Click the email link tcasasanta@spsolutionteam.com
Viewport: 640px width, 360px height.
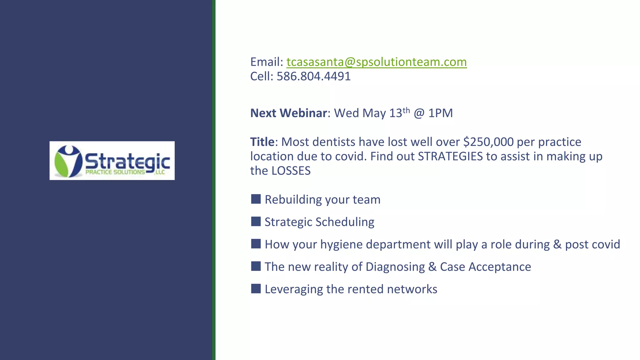(376, 62)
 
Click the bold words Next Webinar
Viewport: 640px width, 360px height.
(288, 113)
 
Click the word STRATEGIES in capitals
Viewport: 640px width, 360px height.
(450, 157)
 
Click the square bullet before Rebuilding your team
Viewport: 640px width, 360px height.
(256, 199)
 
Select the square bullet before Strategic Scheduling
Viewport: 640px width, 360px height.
(256, 222)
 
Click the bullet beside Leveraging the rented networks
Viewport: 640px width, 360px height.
(256, 289)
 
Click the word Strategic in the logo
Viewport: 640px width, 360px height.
(127, 162)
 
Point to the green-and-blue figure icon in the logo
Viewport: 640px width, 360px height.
(68, 161)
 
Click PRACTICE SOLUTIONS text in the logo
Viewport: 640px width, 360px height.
(115, 172)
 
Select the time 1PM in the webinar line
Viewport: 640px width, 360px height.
(440, 113)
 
